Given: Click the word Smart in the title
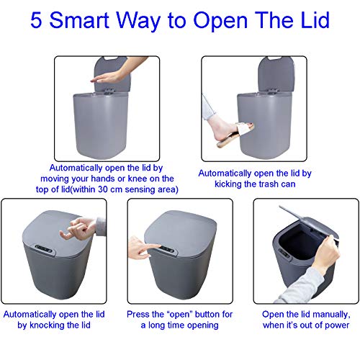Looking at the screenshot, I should coord(90,19).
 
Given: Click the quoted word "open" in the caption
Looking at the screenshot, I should coord(184,315).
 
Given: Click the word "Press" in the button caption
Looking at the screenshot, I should coord(140,315).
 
